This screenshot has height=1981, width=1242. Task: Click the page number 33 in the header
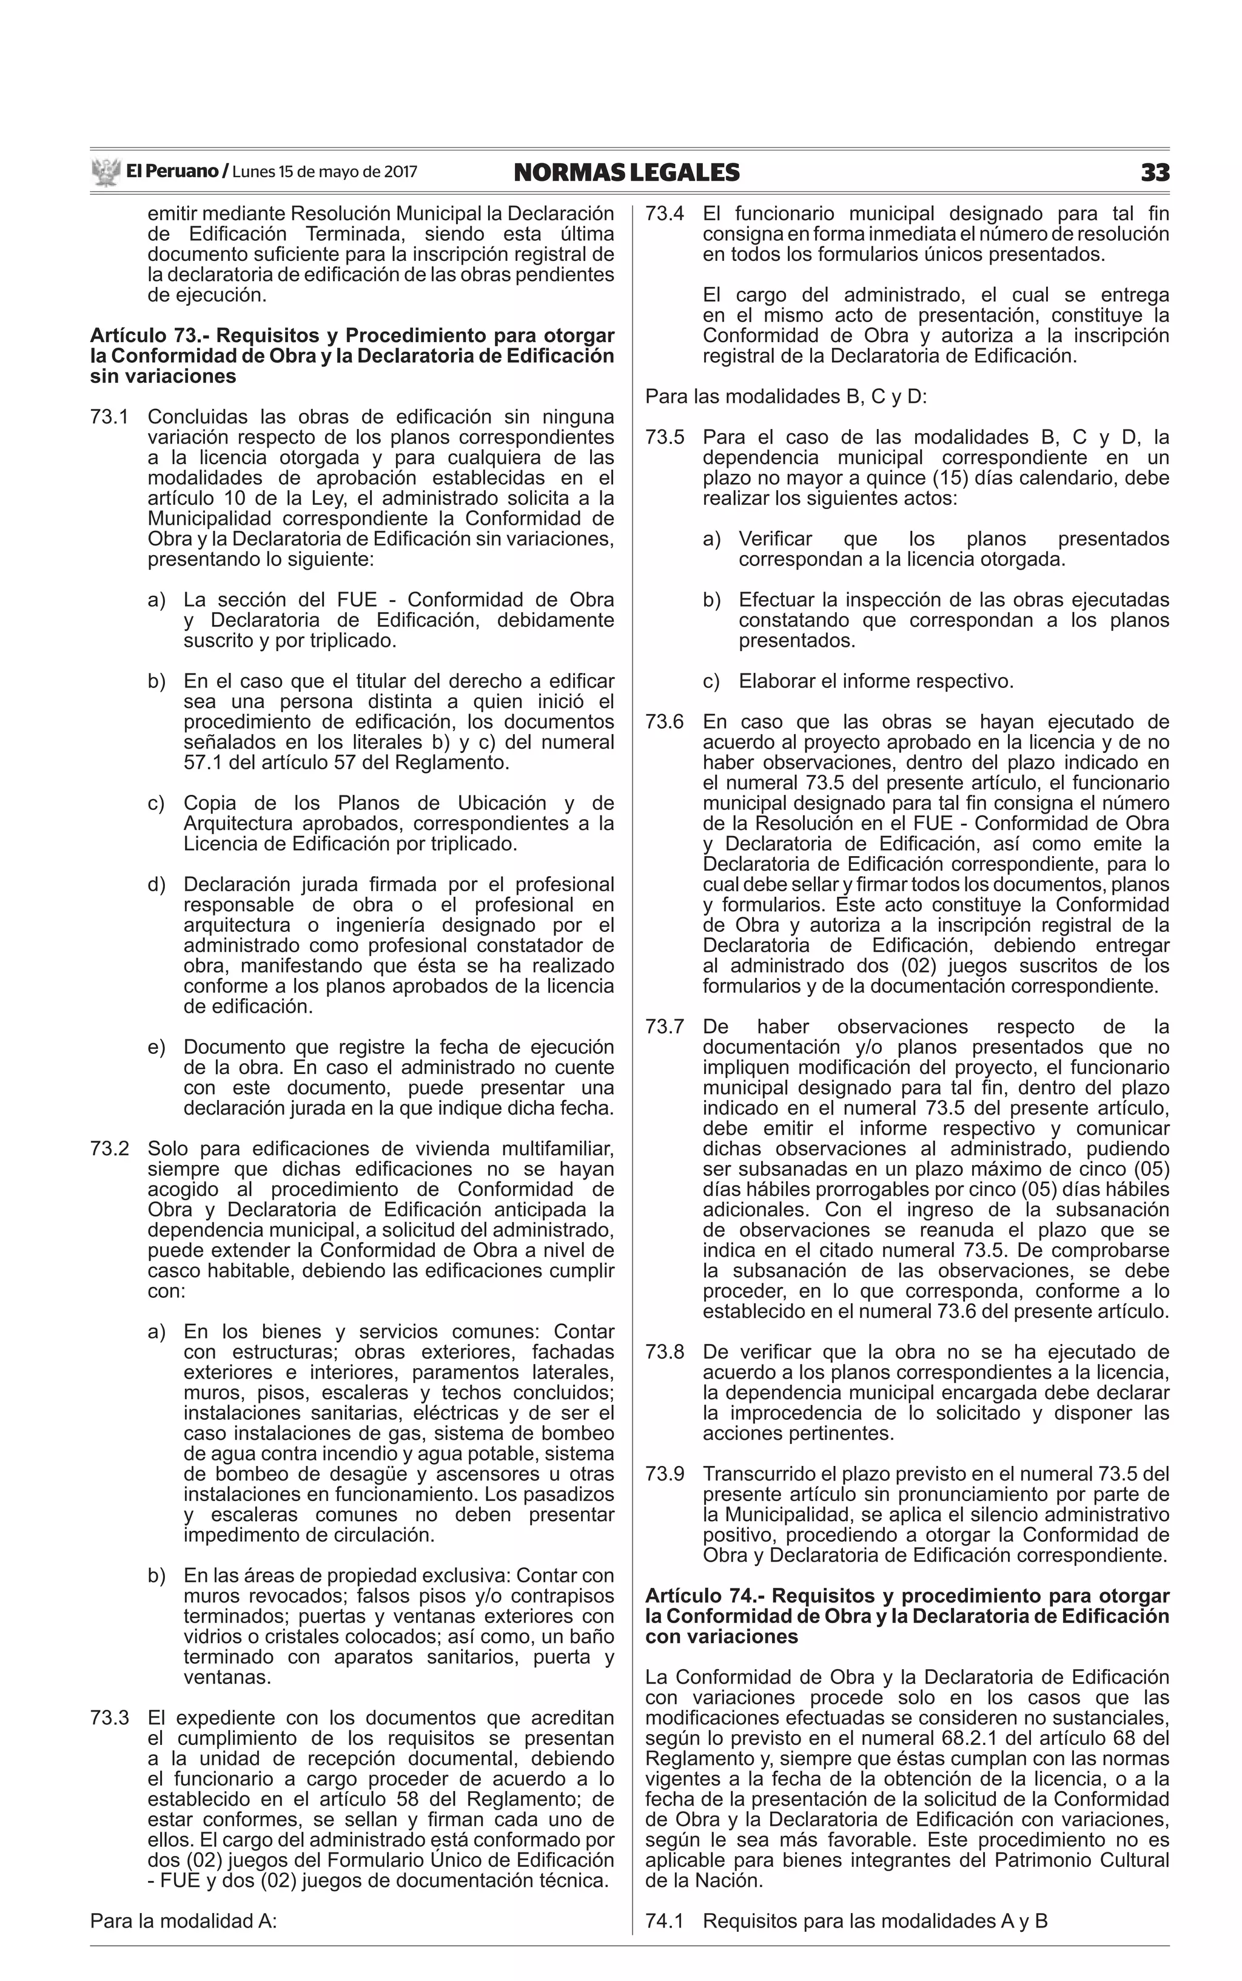[x=1154, y=172]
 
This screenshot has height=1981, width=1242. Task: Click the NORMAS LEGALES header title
[x=626, y=172]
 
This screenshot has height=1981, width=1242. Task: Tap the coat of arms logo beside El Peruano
[x=105, y=172]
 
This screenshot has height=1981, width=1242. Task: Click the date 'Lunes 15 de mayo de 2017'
[x=324, y=172]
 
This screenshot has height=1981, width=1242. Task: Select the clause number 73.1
[x=109, y=417]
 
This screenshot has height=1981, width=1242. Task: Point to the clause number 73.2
[x=109, y=1149]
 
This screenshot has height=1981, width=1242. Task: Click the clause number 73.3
[x=109, y=1717]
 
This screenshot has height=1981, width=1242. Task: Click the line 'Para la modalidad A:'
[x=183, y=1921]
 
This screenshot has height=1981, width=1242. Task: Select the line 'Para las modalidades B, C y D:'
[x=785, y=397]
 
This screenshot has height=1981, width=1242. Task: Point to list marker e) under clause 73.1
[x=156, y=1047]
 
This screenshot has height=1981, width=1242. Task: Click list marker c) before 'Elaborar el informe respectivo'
[x=711, y=681]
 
